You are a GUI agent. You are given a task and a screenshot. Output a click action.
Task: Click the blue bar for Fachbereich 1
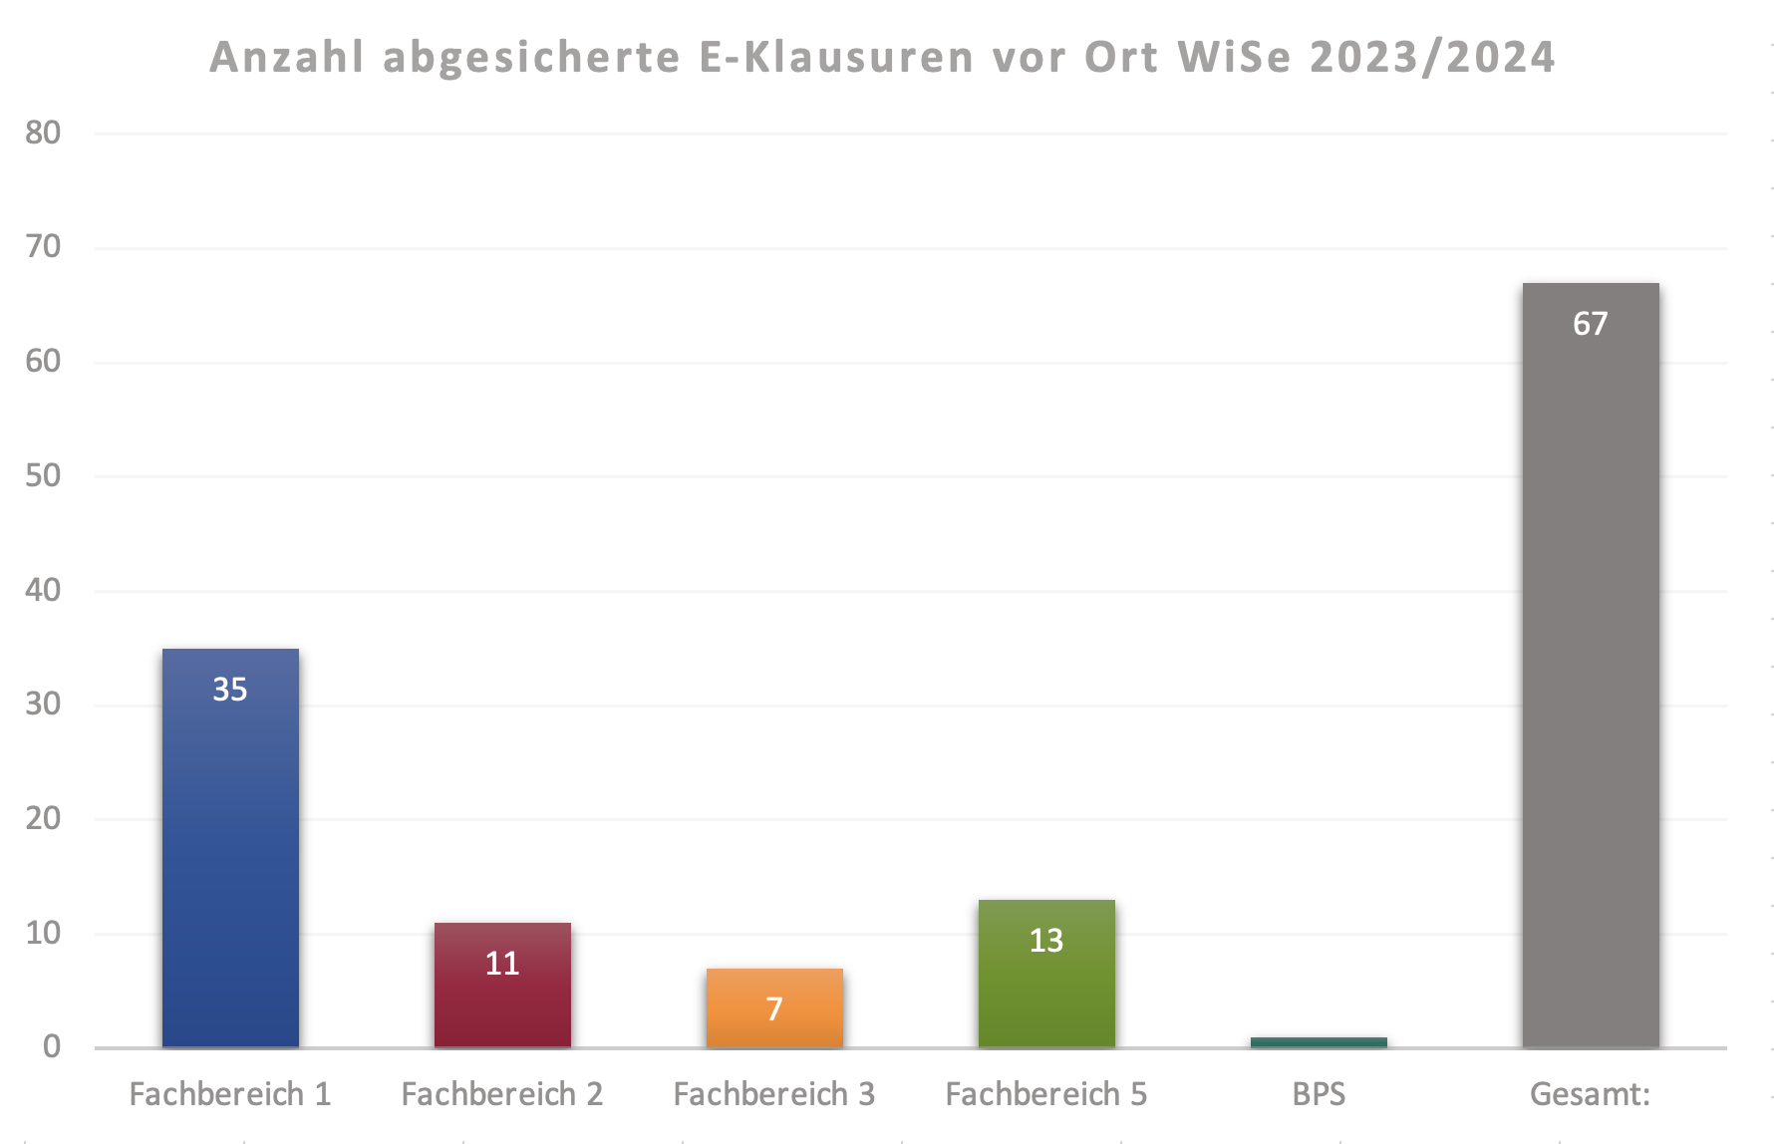click(230, 847)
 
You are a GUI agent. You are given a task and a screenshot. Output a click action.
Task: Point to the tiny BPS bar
click(1319, 1042)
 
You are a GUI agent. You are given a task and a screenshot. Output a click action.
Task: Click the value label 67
click(1591, 324)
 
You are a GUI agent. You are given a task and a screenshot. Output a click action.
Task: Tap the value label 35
click(230, 690)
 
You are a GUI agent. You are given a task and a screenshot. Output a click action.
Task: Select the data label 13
click(1046, 941)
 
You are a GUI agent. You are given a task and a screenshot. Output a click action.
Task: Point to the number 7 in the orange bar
click(774, 1009)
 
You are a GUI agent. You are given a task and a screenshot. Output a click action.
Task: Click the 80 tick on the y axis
click(43, 133)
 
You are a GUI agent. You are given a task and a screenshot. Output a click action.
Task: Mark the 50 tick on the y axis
click(43, 475)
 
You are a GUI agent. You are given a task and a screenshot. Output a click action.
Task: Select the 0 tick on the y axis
click(52, 1046)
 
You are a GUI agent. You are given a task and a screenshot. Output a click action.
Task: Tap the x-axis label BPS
click(1319, 1094)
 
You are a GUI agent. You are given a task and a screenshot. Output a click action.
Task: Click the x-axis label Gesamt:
click(1591, 1094)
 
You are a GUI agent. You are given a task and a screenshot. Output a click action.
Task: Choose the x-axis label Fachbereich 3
click(774, 1094)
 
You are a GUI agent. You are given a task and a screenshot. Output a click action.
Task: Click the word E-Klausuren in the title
click(836, 57)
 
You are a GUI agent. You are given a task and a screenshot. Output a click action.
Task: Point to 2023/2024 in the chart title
click(1432, 57)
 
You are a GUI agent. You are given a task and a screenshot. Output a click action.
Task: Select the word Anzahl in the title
click(287, 57)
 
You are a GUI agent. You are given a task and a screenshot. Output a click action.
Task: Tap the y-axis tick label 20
click(43, 818)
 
